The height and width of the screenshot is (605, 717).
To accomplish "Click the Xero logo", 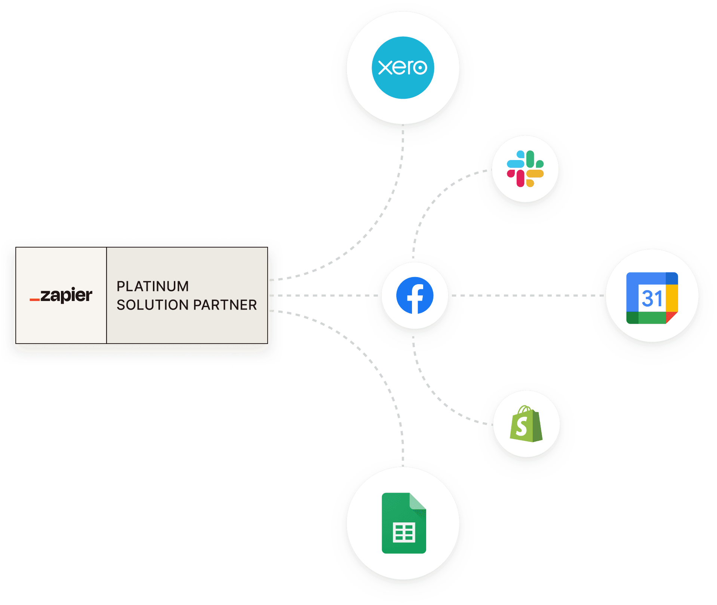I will [403, 68].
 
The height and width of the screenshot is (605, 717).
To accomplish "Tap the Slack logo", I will [525, 169].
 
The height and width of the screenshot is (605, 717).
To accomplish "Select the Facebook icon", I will [415, 295].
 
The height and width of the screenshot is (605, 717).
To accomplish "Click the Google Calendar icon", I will [652, 298].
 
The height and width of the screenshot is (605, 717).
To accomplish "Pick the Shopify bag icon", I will [526, 424].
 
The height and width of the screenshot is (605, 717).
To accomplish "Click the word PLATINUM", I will [153, 286].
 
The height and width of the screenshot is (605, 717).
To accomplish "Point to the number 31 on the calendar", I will [652, 298].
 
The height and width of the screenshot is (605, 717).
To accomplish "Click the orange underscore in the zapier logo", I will [35, 300].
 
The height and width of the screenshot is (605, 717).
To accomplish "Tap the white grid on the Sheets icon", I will [404, 533].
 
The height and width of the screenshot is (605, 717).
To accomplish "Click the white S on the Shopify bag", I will [521, 426].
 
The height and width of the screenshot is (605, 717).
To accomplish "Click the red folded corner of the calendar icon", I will [671, 317].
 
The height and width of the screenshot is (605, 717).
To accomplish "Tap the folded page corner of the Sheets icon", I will [417, 501].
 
